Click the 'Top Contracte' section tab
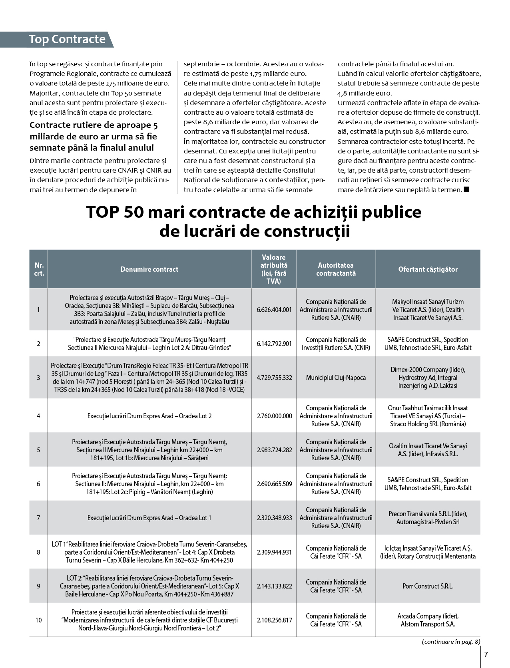[67, 39]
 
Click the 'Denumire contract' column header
[149, 269]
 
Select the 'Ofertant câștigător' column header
[428, 269]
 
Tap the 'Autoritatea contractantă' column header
[336, 269]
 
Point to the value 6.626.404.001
[274, 310]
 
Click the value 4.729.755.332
[274, 378]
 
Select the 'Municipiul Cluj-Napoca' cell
[336, 378]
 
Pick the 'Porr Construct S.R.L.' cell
[428, 586]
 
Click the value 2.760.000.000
[274, 416]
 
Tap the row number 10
[38, 620]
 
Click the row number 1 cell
[38, 310]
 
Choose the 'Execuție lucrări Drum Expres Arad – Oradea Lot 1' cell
[149, 518]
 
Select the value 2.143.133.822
[274, 586]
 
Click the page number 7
[486, 654]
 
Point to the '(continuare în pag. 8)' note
[451, 642]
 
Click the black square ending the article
[466, 190]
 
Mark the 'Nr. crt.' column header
[39, 269]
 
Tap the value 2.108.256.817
[274, 620]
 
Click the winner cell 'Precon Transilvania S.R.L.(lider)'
[428, 518]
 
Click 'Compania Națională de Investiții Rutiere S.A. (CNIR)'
[336, 344]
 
